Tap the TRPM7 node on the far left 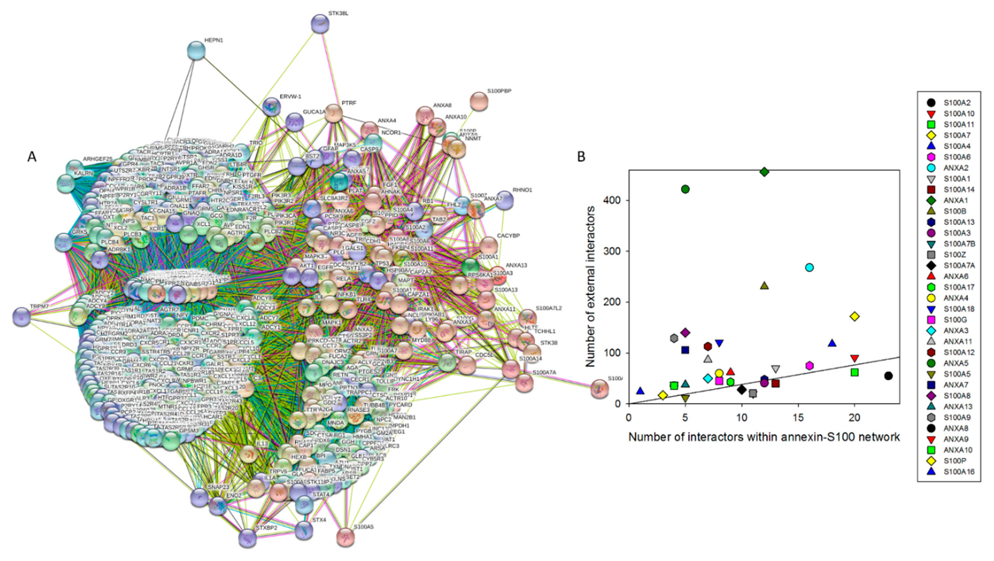click(22, 317)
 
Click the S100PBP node click(479, 101)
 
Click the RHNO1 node click(504, 200)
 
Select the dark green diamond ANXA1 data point click(764, 172)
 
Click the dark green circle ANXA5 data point click(685, 189)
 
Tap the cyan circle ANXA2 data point click(810, 267)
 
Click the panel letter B click(581, 157)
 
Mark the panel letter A click(32, 157)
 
